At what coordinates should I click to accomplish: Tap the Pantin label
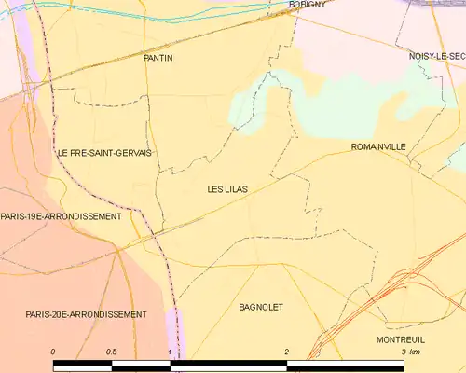click(x=158, y=58)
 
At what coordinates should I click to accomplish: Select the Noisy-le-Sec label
click(x=436, y=57)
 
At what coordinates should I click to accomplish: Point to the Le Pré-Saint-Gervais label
click(x=104, y=152)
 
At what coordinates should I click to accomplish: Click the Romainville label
click(x=378, y=147)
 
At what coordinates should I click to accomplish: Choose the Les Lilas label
click(x=227, y=189)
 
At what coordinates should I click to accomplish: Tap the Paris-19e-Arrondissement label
click(x=61, y=216)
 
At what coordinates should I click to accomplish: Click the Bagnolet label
click(x=261, y=307)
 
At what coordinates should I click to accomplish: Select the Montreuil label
click(x=401, y=339)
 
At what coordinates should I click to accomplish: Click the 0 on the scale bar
click(x=53, y=352)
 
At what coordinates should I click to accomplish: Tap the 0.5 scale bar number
click(x=112, y=352)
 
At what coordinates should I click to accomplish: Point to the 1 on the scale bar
click(x=170, y=352)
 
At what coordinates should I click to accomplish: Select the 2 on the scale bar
click(x=287, y=352)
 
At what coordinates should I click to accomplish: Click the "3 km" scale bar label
click(x=410, y=352)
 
